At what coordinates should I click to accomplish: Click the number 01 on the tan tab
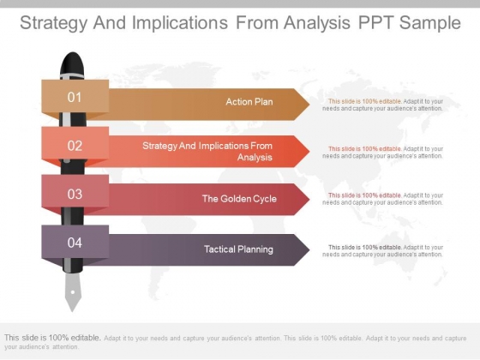pos(75,98)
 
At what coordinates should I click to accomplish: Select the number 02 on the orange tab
pos(75,146)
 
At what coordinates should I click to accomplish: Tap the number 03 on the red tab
pos(75,194)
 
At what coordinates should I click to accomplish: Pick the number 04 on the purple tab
pos(75,243)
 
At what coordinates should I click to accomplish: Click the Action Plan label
pos(249,102)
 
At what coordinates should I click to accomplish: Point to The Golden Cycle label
pos(239,199)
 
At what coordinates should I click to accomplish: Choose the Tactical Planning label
pos(238,249)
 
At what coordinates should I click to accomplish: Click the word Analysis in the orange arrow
pos(255,158)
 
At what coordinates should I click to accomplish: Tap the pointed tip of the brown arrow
pos(309,105)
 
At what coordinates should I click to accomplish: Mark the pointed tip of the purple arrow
pos(309,249)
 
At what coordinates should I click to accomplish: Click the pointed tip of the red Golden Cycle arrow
pos(309,199)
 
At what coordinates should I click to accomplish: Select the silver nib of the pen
pos(73,291)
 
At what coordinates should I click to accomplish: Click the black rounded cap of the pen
pos(72,63)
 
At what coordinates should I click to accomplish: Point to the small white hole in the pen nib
pos(73,292)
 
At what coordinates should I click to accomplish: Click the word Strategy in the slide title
pos(53,23)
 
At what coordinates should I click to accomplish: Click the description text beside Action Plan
pos(382,105)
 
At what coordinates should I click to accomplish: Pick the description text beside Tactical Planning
pos(382,250)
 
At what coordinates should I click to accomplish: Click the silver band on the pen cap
pos(72,76)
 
